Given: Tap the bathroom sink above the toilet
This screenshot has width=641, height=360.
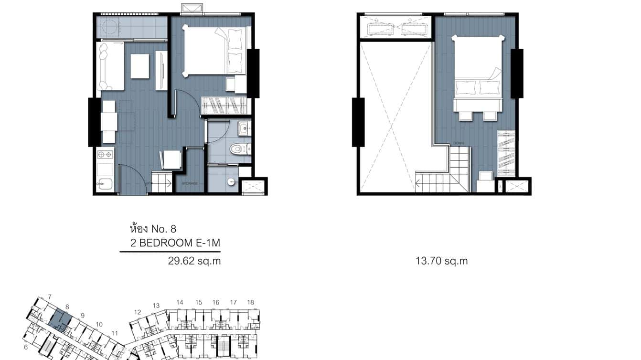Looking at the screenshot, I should point(244,127).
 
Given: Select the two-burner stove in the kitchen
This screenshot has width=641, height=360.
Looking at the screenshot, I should point(105,155).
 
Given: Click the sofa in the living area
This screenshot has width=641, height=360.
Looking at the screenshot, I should point(109,66).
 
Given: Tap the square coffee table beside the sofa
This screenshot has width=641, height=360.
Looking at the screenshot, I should point(139,66).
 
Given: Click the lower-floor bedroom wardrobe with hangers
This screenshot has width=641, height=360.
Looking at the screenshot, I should point(224,105).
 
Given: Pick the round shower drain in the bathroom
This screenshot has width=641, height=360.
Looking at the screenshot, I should point(231,181).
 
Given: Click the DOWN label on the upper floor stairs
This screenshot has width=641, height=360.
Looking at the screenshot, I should point(459,143).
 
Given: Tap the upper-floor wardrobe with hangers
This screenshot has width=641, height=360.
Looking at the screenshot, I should point(506,152).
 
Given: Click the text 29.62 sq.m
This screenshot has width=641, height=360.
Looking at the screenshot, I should point(194,261).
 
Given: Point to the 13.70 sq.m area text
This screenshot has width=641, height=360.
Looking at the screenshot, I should point(442,261).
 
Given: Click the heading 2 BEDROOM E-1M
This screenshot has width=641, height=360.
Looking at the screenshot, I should point(175,244).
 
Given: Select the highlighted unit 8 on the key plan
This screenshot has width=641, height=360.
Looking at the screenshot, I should point(60,318).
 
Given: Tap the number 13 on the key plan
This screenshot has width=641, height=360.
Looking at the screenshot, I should point(156,306).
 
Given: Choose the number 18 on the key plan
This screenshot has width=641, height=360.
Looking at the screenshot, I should point(251,302).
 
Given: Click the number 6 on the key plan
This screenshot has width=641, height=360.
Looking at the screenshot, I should point(26,348).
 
